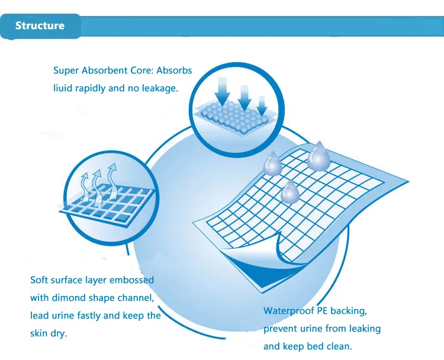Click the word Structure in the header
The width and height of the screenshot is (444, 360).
pyautogui.click(x=40, y=25)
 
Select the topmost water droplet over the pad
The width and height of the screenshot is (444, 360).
pyautogui.click(x=318, y=155)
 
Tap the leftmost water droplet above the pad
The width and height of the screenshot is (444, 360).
pyautogui.click(x=272, y=165)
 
